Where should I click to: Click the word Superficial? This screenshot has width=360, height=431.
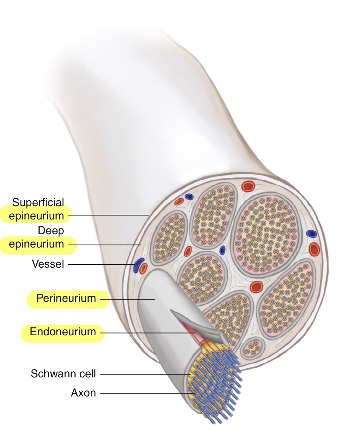38,203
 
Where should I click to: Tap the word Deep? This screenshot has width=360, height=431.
50,230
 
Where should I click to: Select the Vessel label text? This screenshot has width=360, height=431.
48,264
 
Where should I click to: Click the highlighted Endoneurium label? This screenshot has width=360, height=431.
63,332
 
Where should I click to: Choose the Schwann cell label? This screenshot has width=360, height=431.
63,374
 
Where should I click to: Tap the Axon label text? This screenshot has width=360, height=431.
84,393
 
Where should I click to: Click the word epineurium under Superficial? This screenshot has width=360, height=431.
37,216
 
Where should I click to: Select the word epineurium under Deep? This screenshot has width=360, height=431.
37,244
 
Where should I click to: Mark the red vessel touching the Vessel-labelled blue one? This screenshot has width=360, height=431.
144,268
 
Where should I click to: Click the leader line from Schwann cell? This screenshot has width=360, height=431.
144,375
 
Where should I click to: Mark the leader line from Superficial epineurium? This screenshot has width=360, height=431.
108,215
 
